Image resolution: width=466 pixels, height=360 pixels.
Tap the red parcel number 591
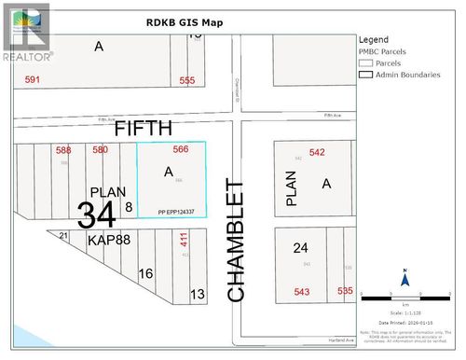coord(33,81)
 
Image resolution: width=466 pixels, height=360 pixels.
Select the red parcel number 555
coord(187,81)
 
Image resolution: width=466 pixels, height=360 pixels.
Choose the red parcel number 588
coord(63,150)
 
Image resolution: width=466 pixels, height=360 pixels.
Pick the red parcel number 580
coord(100,150)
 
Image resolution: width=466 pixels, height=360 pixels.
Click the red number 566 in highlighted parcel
coord(181,150)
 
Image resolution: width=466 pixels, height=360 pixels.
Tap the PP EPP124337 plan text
coord(183,212)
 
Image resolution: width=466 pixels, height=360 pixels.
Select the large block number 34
coord(96,215)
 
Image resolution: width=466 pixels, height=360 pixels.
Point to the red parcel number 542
coord(317,153)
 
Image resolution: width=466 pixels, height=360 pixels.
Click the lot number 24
coord(300,248)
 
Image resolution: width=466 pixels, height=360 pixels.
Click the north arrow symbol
coord(405,278)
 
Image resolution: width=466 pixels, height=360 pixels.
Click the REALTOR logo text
coord(27,55)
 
